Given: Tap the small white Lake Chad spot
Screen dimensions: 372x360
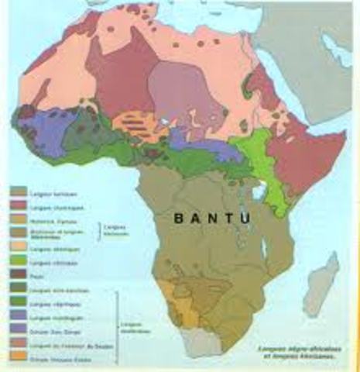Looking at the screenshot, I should (165, 122).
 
